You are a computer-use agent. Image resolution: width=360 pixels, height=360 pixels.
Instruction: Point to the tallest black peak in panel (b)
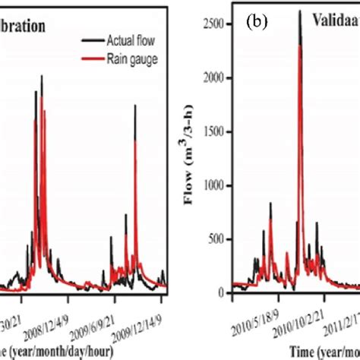(x=299, y=12)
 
